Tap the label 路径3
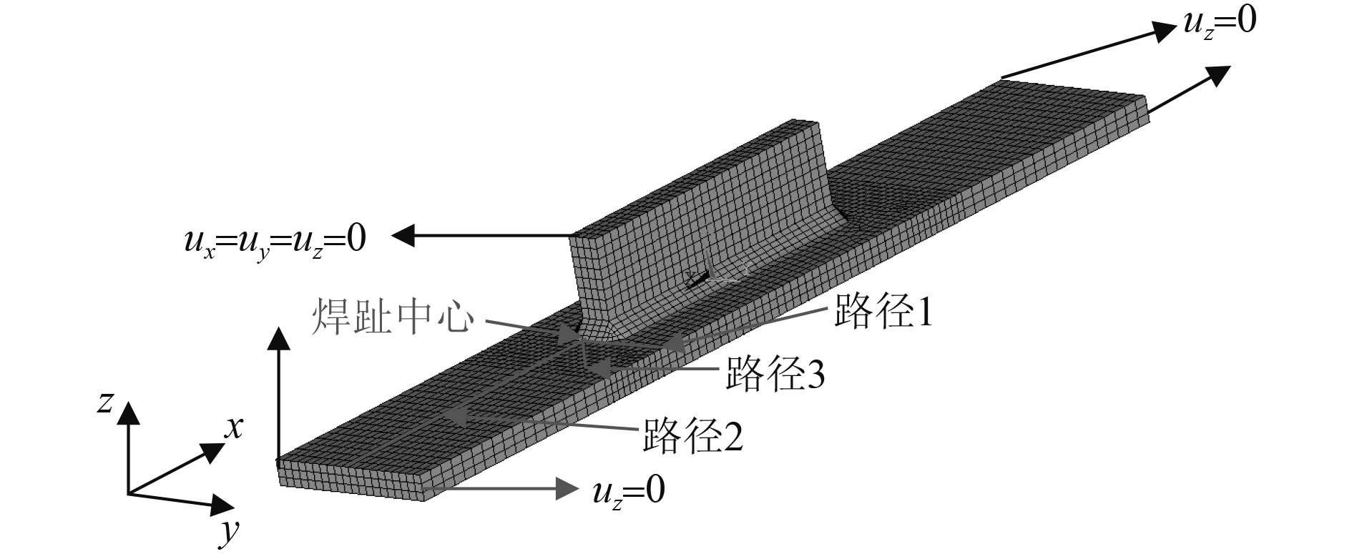pos(775,374)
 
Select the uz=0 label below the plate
pos(629,491)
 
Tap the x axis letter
pos(234,427)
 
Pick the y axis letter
pos(230,530)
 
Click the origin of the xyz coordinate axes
pos(129,493)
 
